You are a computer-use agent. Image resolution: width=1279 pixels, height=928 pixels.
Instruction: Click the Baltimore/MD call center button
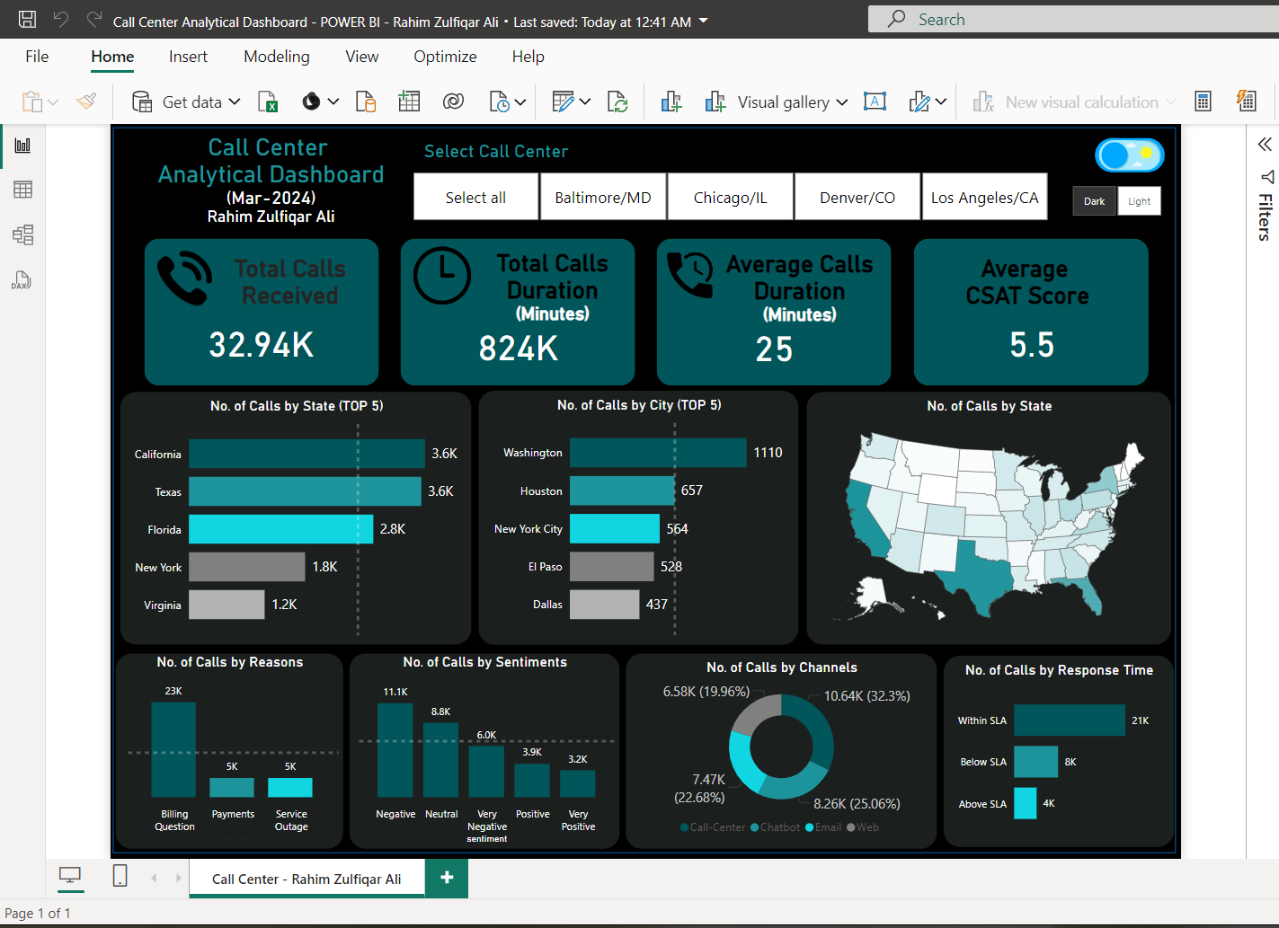coord(603,198)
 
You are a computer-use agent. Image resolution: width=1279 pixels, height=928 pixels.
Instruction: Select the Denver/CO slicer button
coord(857,198)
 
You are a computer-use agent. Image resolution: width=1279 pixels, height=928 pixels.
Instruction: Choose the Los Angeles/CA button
coord(984,198)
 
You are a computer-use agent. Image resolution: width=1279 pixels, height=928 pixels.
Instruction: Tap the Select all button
coord(475,198)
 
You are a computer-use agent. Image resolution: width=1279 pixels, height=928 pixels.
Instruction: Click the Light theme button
coord(1139,201)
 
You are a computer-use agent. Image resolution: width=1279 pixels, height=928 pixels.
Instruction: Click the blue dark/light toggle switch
coord(1129,155)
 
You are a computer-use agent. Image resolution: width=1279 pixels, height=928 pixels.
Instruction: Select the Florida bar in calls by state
coord(280,529)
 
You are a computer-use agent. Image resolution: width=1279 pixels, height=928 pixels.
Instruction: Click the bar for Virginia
coord(226,605)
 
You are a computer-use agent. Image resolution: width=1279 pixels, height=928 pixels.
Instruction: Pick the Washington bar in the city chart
coord(658,453)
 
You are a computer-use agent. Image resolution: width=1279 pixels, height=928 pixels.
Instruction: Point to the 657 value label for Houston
coord(692,491)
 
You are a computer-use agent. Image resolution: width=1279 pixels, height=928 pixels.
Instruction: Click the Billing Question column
coord(173,749)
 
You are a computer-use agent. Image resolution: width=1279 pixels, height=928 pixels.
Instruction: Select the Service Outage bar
coord(290,787)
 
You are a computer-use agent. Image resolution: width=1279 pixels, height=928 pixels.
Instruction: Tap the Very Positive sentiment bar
coord(577,783)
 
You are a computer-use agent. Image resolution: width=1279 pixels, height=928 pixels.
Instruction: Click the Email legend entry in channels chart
coord(823,827)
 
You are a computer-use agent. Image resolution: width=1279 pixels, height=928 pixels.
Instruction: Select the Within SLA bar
coord(1069,720)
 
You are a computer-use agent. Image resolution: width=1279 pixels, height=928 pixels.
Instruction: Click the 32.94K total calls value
coord(262,345)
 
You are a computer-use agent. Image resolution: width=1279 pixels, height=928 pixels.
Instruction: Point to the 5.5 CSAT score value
coord(1031,345)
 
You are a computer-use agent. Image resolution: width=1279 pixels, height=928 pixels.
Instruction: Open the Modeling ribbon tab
coord(276,57)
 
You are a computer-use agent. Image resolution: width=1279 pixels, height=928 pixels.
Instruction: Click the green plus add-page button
coord(447,878)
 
